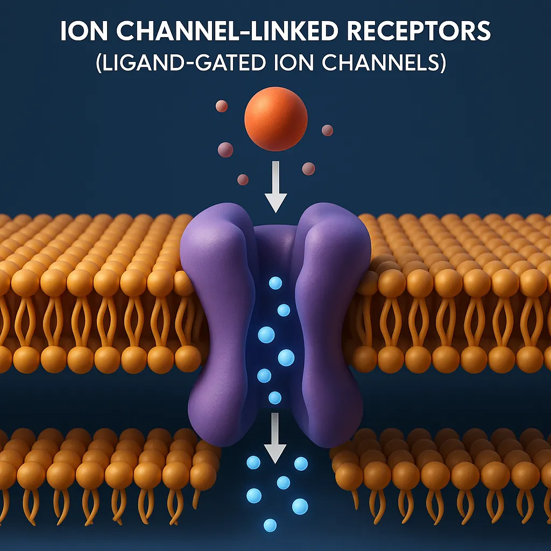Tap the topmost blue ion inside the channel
(x=275, y=283)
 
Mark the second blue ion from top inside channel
(x=284, y=310)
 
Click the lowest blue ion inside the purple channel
(x=274, y=398)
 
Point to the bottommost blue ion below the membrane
(x=270, y=525)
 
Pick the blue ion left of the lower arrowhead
(x=253, y=462)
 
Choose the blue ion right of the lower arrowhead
(x=301, y=463)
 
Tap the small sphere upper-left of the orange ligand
(x=222, y=106)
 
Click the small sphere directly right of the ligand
(x=327, y=130)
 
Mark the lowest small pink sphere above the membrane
(x=243, y=179)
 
